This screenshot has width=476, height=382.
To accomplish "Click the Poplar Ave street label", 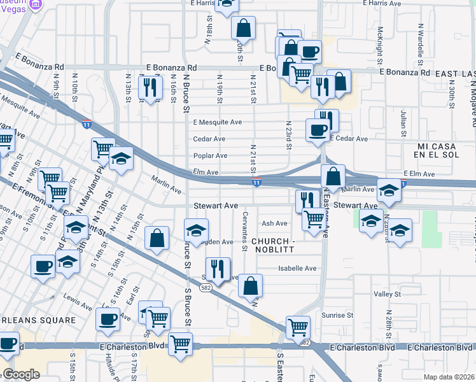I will (210, 156).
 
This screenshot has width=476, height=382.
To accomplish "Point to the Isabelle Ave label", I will (297, 269).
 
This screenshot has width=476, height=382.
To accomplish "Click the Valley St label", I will (387, 294).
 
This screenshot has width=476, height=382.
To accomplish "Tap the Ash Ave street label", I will (275, 223).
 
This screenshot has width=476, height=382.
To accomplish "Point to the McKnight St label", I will (379, 39).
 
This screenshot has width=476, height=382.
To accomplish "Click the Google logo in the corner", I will (21, 374).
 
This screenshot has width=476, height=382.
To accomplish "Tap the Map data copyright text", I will (449, 377).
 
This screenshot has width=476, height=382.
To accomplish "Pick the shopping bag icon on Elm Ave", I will (333, 175).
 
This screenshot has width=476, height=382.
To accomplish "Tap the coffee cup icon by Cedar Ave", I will (318, 130).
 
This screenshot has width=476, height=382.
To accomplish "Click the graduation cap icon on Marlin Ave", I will (389, 190).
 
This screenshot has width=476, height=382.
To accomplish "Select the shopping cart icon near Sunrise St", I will (298, 327).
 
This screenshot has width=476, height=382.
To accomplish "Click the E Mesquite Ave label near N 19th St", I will (218, 122).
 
